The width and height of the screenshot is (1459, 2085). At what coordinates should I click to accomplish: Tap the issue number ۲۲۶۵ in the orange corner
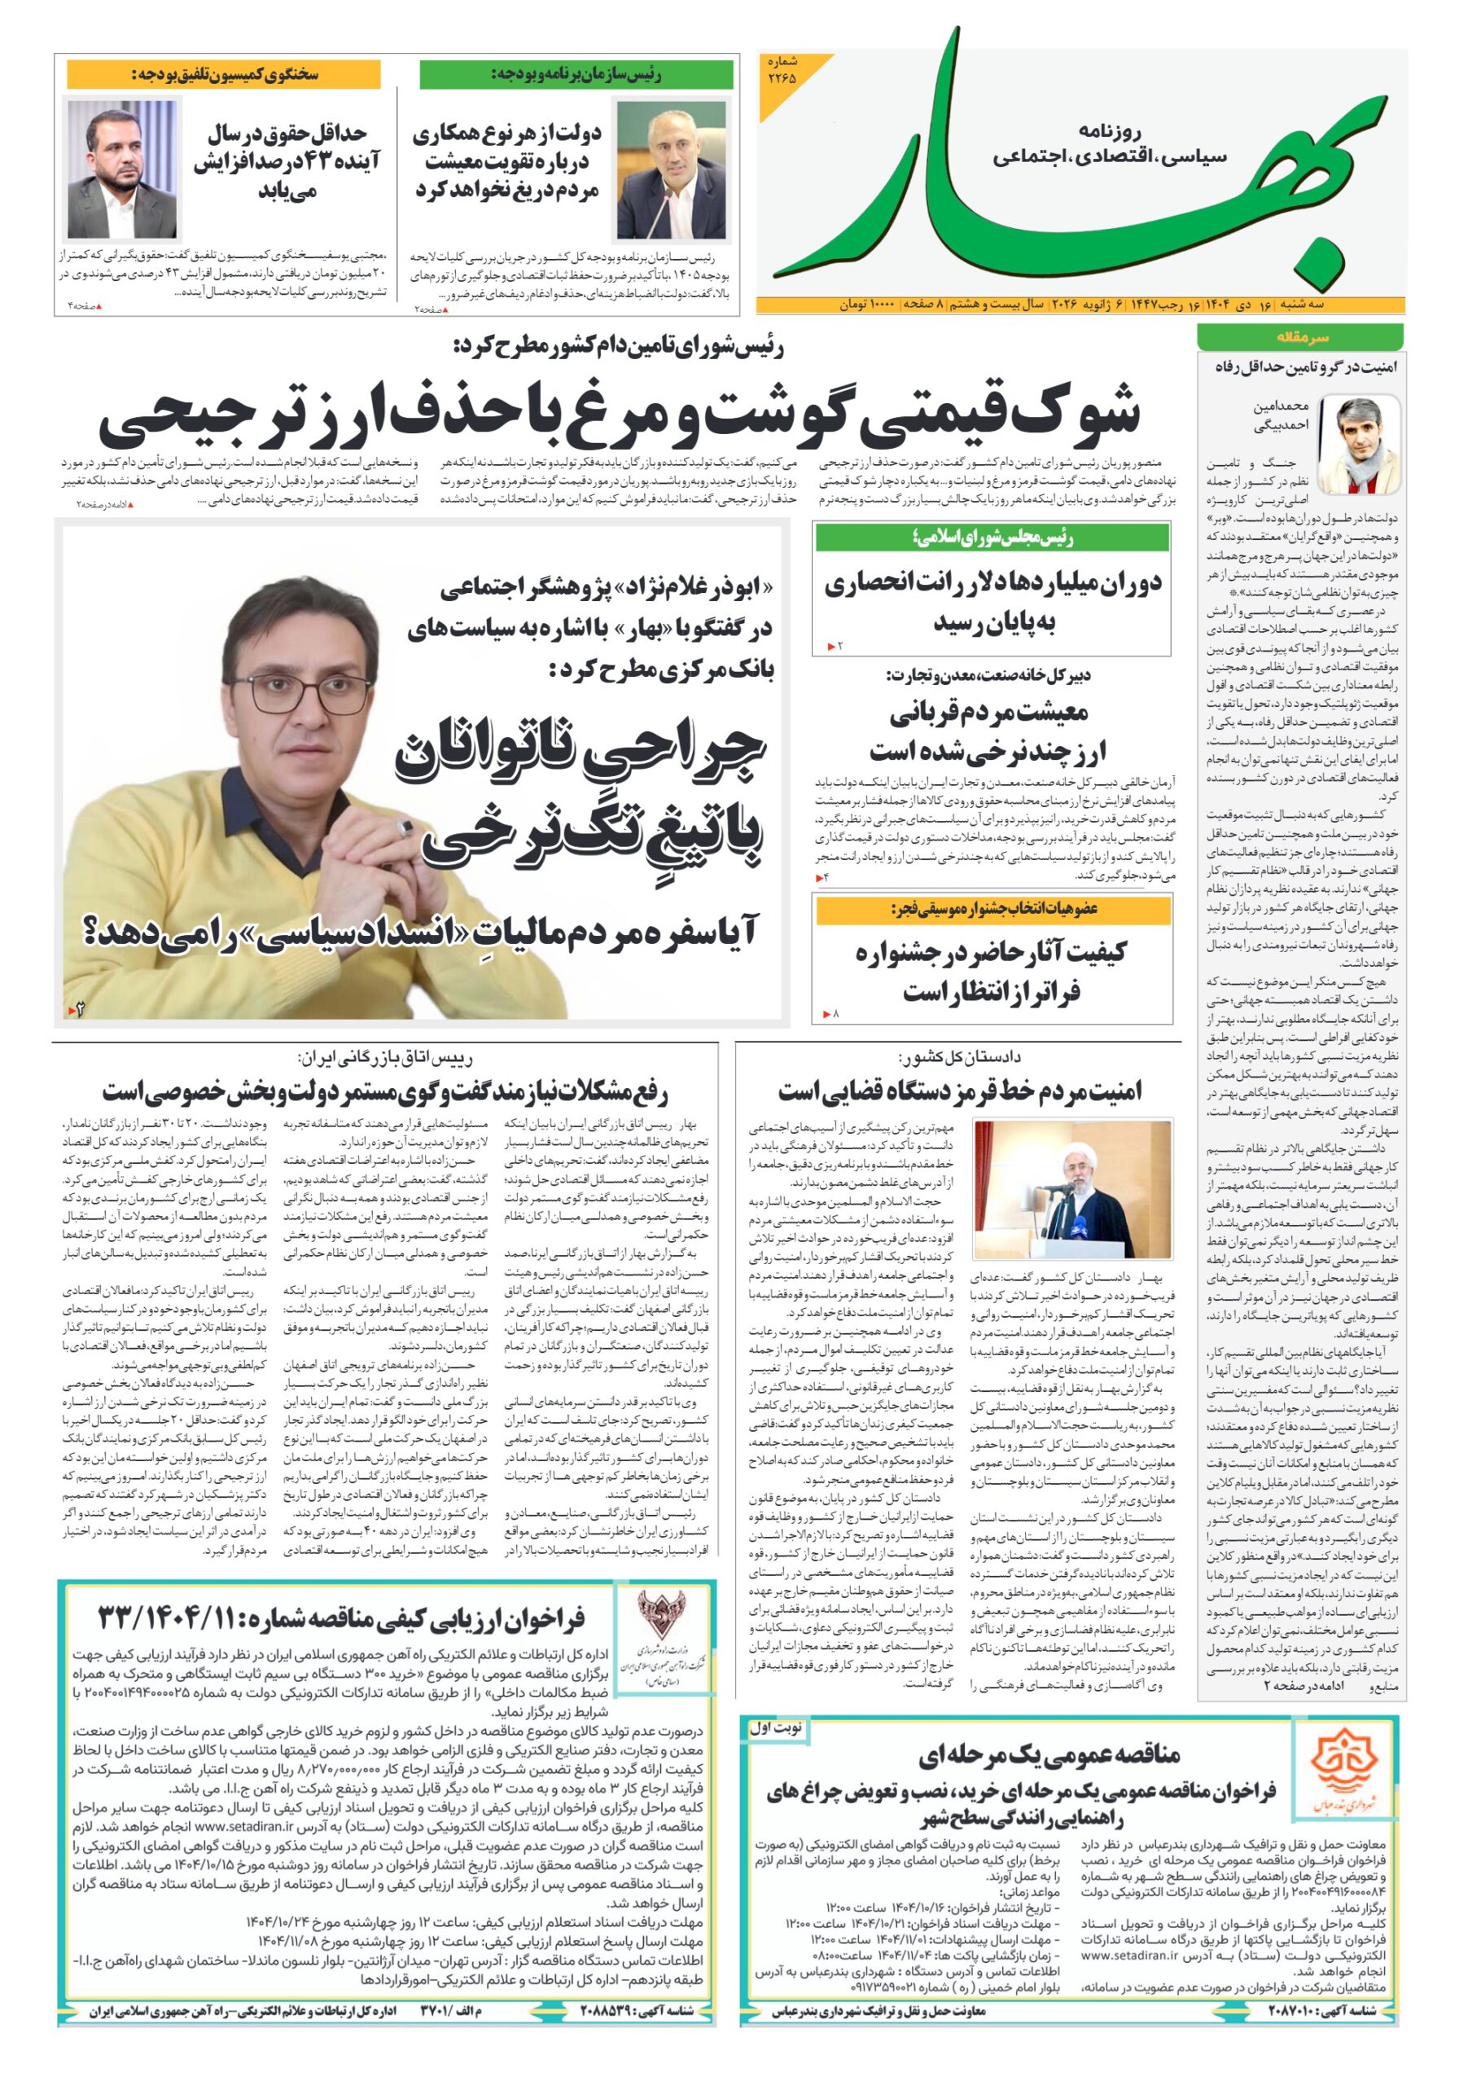782,72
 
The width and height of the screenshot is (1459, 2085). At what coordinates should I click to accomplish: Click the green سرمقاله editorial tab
1299,337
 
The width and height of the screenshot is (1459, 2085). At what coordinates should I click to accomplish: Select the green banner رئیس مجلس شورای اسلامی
992,538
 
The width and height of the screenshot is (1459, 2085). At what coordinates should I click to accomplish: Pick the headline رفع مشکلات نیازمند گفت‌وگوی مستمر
384,1091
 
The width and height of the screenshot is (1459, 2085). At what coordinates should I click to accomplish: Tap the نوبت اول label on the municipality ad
775,1728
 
